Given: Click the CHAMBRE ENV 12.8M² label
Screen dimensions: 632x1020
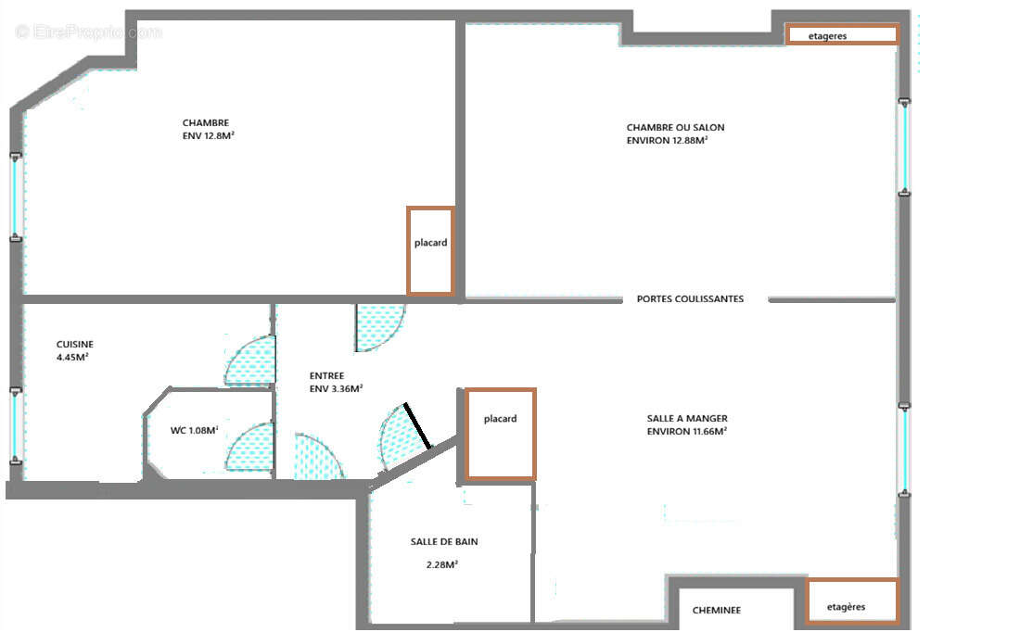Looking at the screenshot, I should coord(208,129).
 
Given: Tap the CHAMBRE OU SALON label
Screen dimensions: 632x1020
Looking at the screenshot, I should coord(675,133).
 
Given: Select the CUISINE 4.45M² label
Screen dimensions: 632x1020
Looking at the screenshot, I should coord(74,349).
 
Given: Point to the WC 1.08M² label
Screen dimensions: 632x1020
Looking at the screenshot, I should coord(194,430).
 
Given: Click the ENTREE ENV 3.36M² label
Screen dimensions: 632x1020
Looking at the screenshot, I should coord(335,382).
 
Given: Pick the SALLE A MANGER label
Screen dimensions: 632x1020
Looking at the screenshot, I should coord(686,424).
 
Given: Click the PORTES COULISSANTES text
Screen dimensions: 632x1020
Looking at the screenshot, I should coord(690,299).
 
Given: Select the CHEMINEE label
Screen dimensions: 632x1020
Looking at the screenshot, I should coord(716,611).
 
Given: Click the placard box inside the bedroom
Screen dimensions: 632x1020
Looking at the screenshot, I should coord(430,250).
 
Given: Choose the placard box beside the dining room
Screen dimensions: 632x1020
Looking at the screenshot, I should coord(500,434).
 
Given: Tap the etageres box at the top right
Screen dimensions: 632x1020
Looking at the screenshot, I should coord(842,35).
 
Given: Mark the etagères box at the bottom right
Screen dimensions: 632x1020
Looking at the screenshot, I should coord(851,601).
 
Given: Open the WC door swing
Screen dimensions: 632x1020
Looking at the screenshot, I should coord(250,447).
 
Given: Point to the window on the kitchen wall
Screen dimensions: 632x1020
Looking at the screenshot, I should coord(15,426).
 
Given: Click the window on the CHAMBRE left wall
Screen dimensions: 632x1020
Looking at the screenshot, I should coord(15,197).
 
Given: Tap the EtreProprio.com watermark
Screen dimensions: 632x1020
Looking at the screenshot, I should coord(89,32).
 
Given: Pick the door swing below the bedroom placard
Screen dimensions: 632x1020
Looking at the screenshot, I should coord(379,327).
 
